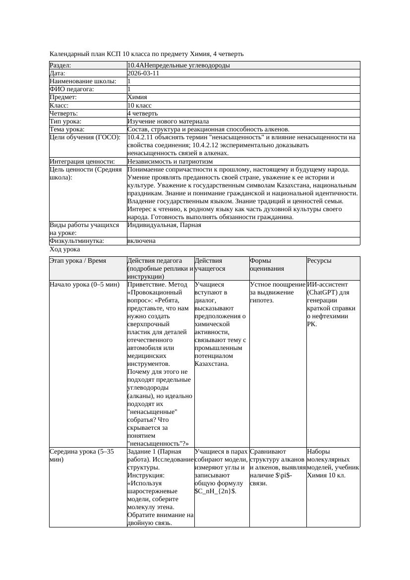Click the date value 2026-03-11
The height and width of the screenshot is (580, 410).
(x=143, y=73)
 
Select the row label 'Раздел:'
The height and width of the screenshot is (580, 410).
(x=60, y=65)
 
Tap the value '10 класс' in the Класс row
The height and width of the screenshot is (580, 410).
(x=139, y=106)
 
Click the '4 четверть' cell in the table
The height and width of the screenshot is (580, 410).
(x=141, y=114)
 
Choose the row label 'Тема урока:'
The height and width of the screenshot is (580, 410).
(x=67, y=129)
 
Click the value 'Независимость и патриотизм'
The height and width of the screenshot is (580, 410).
(x=170, y=162)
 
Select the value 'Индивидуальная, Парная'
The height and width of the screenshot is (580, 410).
(x=164, y=225)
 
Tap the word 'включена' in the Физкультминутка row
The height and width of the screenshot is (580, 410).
(x=141, y=241)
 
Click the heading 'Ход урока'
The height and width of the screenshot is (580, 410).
(x=64, y=250)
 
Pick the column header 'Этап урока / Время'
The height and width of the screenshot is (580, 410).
(x=78, y=261)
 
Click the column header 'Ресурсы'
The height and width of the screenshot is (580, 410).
(x=319, y=261)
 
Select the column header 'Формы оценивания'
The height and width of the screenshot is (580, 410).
(x=267, y=265)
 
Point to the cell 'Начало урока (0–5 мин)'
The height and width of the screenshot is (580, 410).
(x=85, y=285)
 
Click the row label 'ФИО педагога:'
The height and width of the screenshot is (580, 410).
(x=72, y=89)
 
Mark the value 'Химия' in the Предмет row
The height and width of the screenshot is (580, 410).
(x=137, y=97)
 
